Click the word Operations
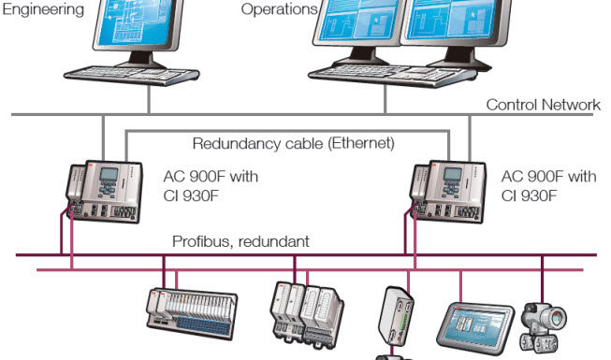coord(279,9)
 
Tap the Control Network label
coord(543,105)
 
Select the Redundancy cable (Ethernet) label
coord(293,144)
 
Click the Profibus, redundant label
coord(240,241)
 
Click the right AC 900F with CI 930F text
coord(548,185)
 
